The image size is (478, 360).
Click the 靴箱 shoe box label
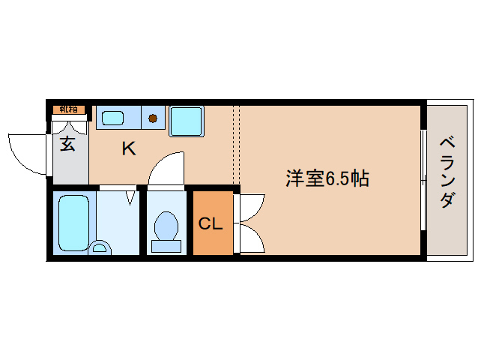coord(68,109)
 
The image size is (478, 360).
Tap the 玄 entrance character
coord(67,144)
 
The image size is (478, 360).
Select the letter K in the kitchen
coord(129,149)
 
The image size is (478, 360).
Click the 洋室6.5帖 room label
coord(327,178)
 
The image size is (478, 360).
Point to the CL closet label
coord(211,223)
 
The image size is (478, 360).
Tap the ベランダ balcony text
coord(448,172)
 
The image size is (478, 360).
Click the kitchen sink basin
coord(113,118)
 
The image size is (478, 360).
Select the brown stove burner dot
coord(153,118)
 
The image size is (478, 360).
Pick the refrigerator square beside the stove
coord(187,121)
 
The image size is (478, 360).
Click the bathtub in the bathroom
coord(73,223)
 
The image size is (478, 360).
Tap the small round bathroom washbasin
coord(100,247)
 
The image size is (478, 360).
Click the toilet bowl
coord(166,226)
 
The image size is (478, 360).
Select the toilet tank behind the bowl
coord(166,246)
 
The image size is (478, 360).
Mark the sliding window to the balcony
coord(423,180)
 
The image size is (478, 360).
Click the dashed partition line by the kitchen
coord(237,145)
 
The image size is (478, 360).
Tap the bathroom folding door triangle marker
coord(131,197)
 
